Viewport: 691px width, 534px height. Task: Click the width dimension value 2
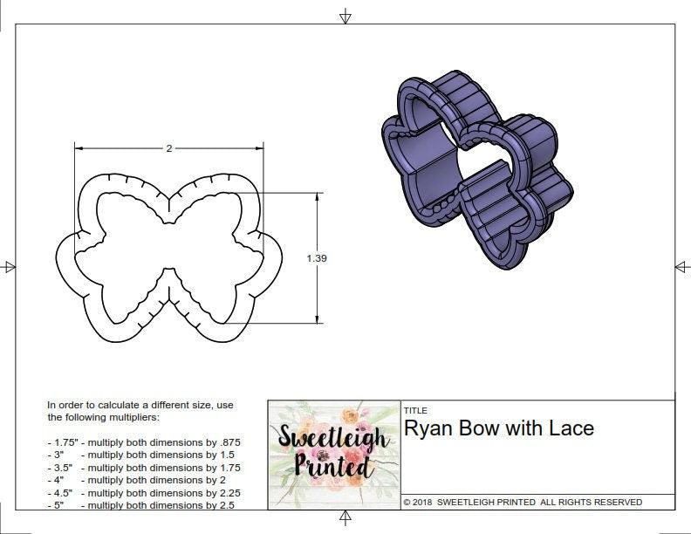tap(169, 148)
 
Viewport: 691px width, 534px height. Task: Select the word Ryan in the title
tap(428, 428)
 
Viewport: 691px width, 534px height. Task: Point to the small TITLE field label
tap(415, 410)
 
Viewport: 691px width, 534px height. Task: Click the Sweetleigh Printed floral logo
tap(332, 453)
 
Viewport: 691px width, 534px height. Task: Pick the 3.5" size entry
tap(60, 468)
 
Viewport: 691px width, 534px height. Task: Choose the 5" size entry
tap(58, 504)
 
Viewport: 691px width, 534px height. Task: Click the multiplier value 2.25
tap(226, 492)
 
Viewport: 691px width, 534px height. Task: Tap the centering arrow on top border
tap(345, 16)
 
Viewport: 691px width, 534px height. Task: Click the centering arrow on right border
tap(681, 266)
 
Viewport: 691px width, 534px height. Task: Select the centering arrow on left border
tap(9, 267)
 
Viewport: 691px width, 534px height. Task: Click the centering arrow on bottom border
tap(345, 519)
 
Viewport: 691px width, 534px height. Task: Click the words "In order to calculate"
tap(96, 405)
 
